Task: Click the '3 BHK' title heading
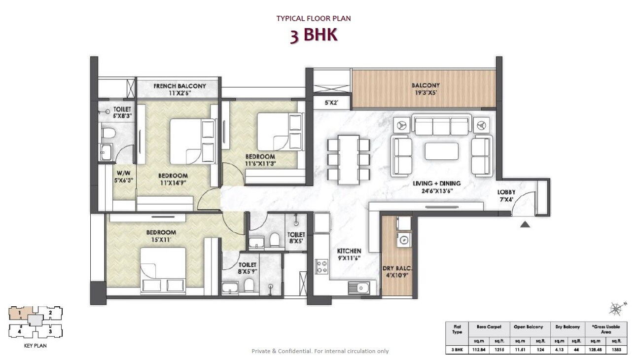(x=314, y=36)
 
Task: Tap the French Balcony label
(x=179, y=89)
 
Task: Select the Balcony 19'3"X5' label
(x=426, y=89)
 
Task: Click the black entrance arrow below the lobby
(x=525, y=224)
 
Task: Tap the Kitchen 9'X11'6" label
(x=349, y=254)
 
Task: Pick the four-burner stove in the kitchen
(x=322, y=267)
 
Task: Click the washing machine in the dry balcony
(x=404, y=240)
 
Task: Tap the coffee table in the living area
(x=441, y=151)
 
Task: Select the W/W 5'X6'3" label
(x=122, y=177)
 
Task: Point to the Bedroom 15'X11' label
(x=161, y=236)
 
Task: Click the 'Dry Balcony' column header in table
(x=567, y=327)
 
